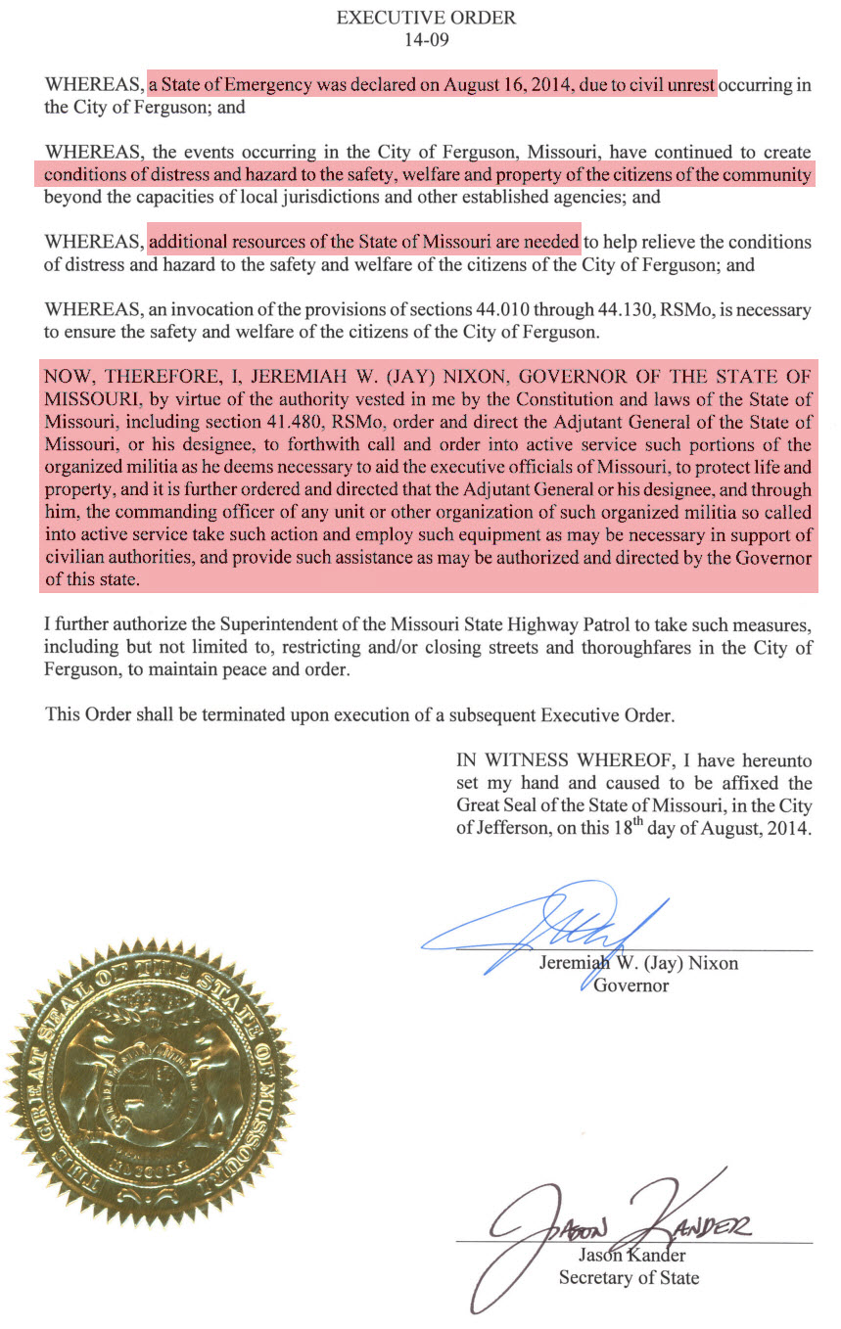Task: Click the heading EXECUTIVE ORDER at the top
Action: click(426, 18)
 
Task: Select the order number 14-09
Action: click(426, 40)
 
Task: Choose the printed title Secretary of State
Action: click(628, 1277)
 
